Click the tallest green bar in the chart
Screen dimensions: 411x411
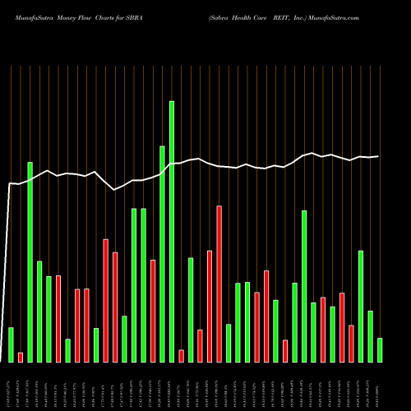[x=172, y=231]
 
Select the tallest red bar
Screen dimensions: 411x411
[x=219, y=284]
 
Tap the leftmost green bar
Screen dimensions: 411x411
[x=11, y=344]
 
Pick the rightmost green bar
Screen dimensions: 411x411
[x=380, y=349]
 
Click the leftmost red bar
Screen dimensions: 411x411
[x=21, y=357]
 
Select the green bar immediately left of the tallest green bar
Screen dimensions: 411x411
[x=163, y=253]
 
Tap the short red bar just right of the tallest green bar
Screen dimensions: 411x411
[x=182, y=355]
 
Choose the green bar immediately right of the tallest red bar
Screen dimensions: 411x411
[x=229, y=343]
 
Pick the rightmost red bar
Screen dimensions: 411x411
[x=351, y=343]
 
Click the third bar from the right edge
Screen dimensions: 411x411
[x=361, y=306]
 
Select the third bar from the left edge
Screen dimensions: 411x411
[x=30, y=261]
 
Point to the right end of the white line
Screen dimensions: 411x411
[x=378, y=156]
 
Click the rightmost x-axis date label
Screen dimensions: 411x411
[x=380, y=385]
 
